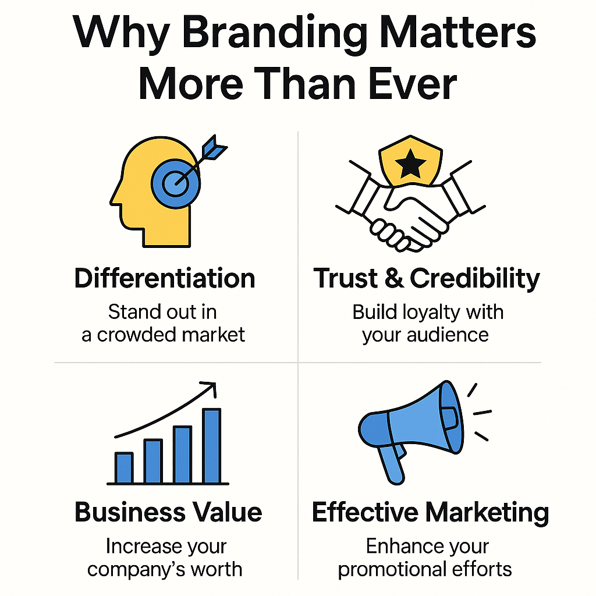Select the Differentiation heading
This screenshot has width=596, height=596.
pyautogui.click(x=165, y=278)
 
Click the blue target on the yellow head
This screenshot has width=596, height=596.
pyautogui.click(x=176, y=183)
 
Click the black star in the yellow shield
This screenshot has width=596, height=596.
pyautogui.click(x=410, y=164)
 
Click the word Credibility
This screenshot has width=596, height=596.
pyautogui.click(x=475, y=279)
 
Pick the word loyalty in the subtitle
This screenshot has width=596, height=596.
pyautogui.click(x=431, y=313)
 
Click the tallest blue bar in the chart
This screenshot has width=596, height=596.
pyautogui.click(x=212, y=446)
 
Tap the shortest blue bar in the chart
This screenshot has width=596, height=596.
pyautogui.click(x=124, y=468)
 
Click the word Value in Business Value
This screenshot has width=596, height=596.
pyautogui.click(x=227, y=512)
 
